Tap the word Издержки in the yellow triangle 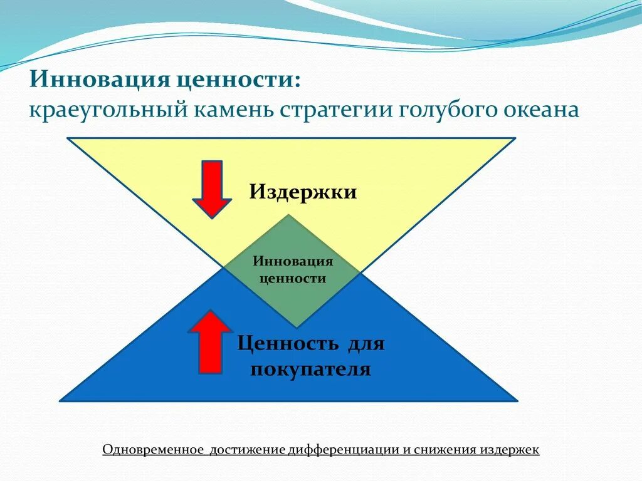click(303, 192)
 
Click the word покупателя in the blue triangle click(311, 369)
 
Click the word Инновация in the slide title click(100, 80)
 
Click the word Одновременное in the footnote click(153, 450)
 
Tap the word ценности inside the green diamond click(293, 278)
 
